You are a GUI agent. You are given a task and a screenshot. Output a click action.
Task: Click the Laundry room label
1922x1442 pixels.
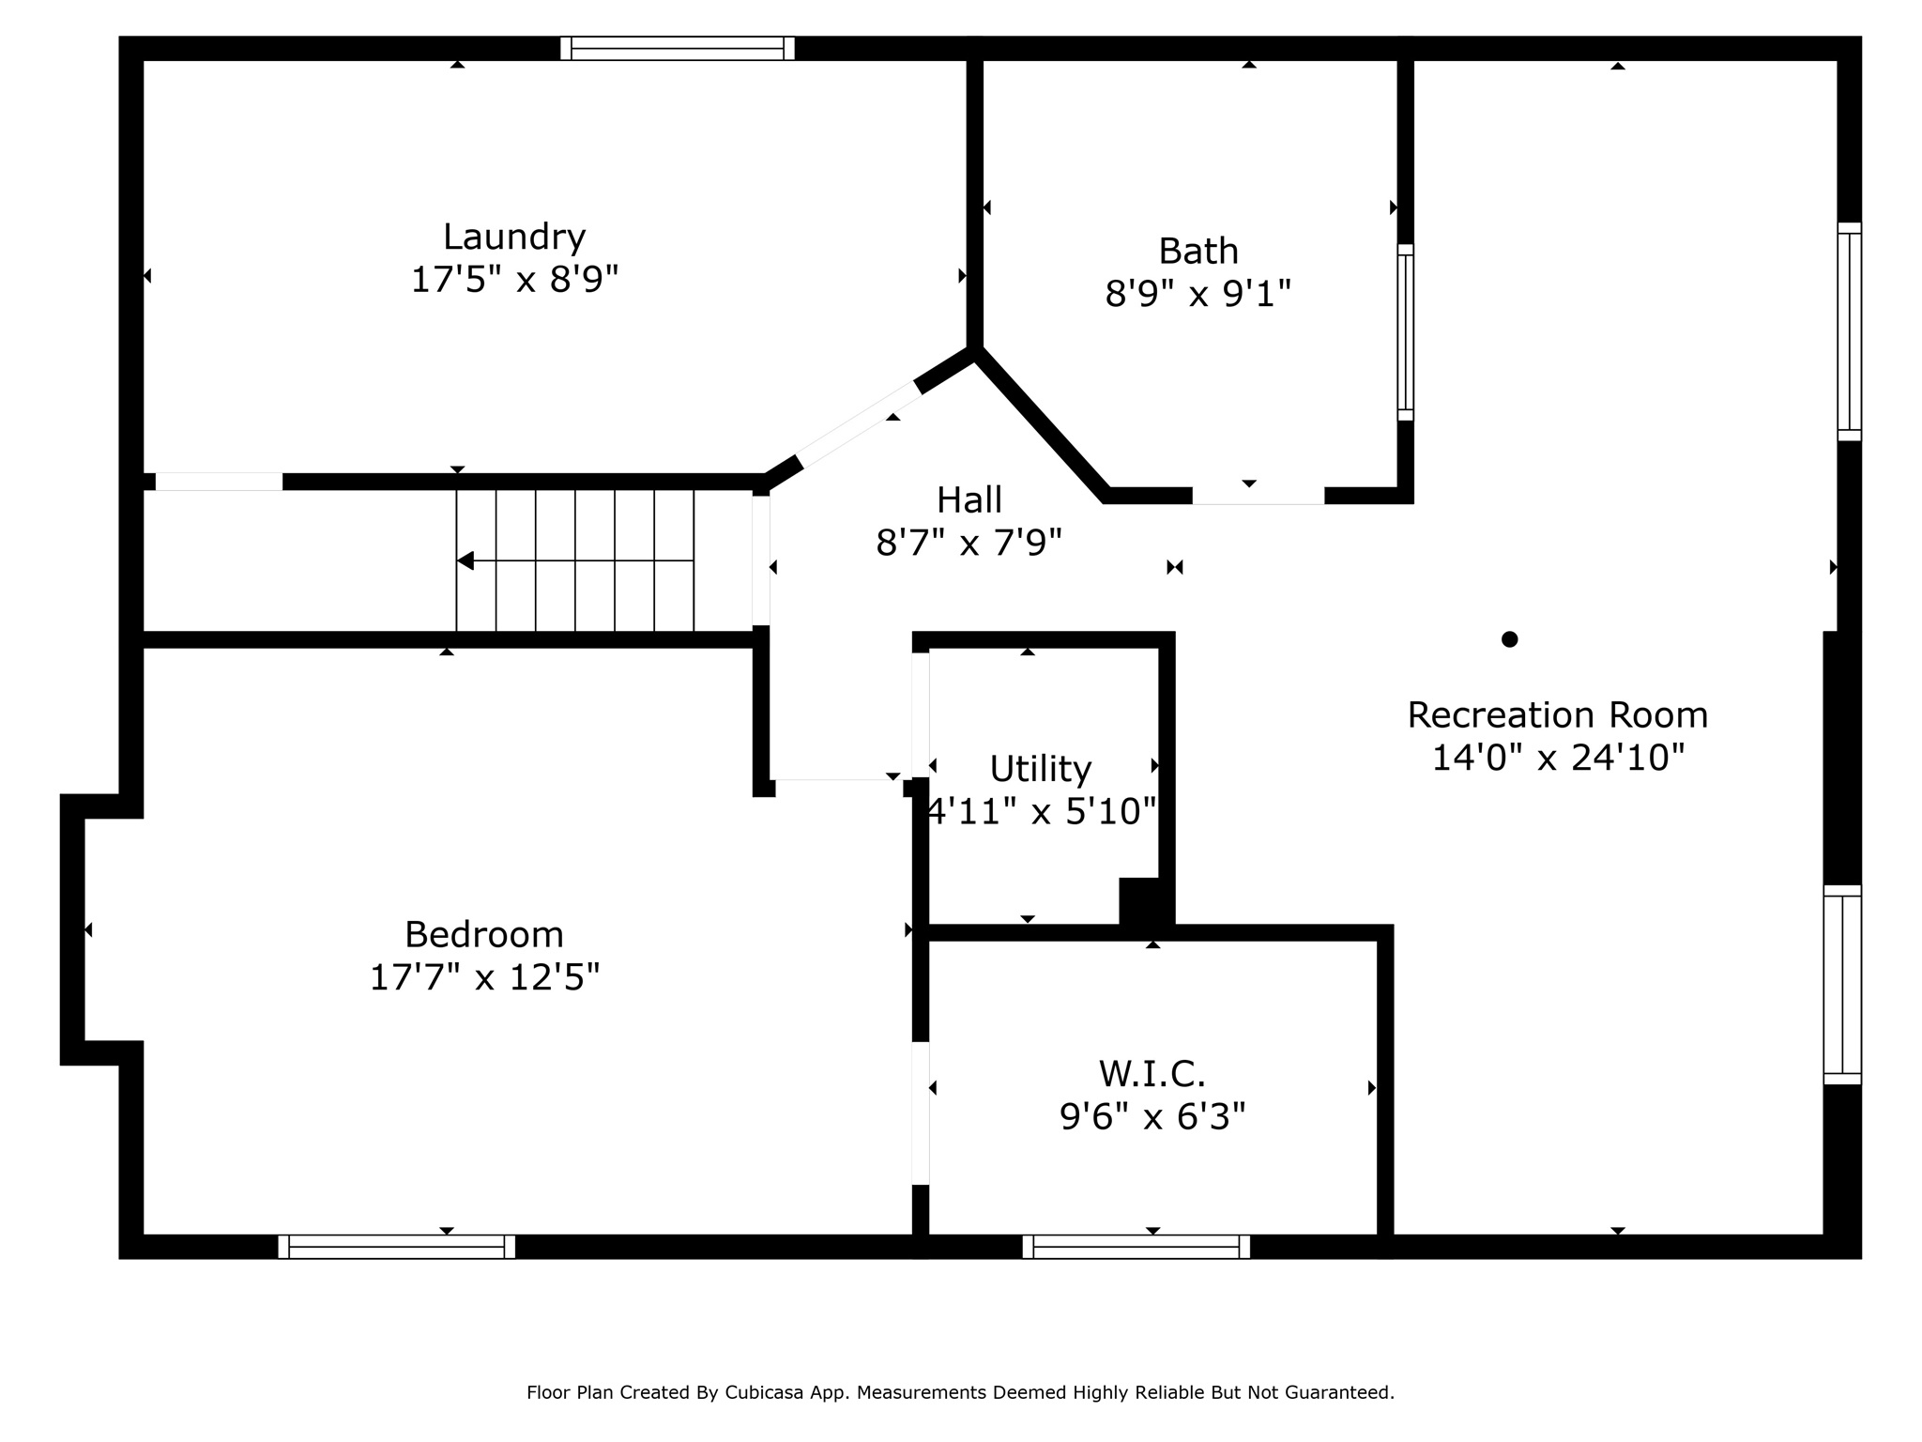[x=514, y=238]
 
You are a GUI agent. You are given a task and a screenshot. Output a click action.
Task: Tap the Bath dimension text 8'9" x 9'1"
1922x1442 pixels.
[x=1198, y=294]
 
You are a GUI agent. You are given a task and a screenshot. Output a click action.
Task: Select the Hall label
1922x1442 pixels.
[x=969, y=499]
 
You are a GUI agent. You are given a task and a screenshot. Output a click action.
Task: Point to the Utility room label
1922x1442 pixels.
[x=1041, y=770]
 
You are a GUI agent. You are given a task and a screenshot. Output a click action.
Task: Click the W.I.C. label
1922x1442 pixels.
[x=1152, y=1072]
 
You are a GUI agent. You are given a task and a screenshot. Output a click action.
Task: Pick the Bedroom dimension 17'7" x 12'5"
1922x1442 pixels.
[x=484, y=977]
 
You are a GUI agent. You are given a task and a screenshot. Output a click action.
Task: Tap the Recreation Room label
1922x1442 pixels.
[x=1557, y=715]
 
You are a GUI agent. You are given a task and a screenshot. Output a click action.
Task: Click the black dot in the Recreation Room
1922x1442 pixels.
[x=1509, y=639]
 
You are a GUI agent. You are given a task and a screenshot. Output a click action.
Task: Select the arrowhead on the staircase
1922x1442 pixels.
[x=465, y=560]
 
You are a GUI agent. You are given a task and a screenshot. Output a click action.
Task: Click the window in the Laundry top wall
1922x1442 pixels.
[x=678, y=48]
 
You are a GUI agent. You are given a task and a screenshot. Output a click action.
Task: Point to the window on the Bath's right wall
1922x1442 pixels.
[x=1405, y=332]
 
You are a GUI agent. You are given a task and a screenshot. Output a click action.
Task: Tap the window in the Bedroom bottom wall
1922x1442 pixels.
[x=397, y=1247]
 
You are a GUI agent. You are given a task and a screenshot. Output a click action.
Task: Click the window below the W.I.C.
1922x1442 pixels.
[x=1136, y=1247]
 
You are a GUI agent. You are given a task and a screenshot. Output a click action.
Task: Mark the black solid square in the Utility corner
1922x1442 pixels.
[x=1141, y=901]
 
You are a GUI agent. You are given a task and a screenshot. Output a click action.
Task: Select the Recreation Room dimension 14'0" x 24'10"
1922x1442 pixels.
[x=1558, y=758]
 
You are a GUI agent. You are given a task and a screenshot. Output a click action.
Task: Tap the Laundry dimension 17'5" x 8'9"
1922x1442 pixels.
[x=514, y=280]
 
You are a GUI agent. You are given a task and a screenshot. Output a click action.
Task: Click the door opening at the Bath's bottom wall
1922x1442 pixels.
[x=1258, y=496]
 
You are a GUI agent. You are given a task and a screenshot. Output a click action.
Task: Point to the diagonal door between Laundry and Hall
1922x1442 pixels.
[x=859, y=424]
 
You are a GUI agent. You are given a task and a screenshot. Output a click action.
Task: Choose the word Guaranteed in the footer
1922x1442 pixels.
[x=1343, y=1392]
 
